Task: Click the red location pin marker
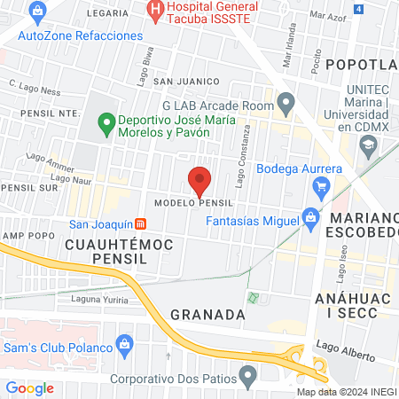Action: (199, 181)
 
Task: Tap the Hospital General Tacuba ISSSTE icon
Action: (156, 11)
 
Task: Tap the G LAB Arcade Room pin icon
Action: (286, 106)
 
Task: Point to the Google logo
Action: (30, 387)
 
